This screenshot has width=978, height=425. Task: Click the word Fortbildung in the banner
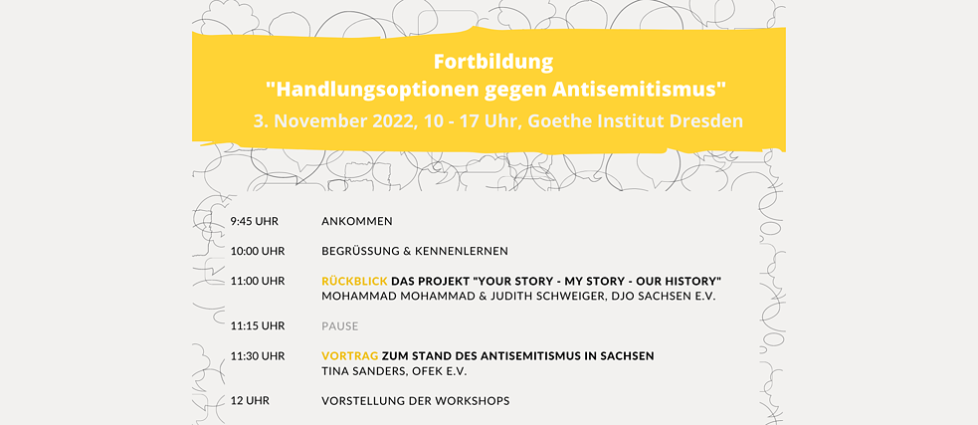point(493,62)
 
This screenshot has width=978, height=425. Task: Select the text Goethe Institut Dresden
point(650,120)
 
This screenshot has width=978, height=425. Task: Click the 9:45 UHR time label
point(257,221)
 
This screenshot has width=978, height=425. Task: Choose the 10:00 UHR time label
point(258,251)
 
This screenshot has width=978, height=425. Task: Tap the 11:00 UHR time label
point(258,281)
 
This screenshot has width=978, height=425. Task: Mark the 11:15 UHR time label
point(258,325)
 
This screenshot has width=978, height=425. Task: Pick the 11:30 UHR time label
point(258,355)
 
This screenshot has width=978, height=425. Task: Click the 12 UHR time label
point(250,400)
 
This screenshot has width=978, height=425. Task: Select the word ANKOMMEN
point(357,221)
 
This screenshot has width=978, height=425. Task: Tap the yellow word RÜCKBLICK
point(354,281)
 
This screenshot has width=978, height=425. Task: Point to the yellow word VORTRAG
point(350,355)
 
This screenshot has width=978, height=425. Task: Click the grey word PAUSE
point(339,325)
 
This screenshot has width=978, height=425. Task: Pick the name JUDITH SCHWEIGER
point(516,297)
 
